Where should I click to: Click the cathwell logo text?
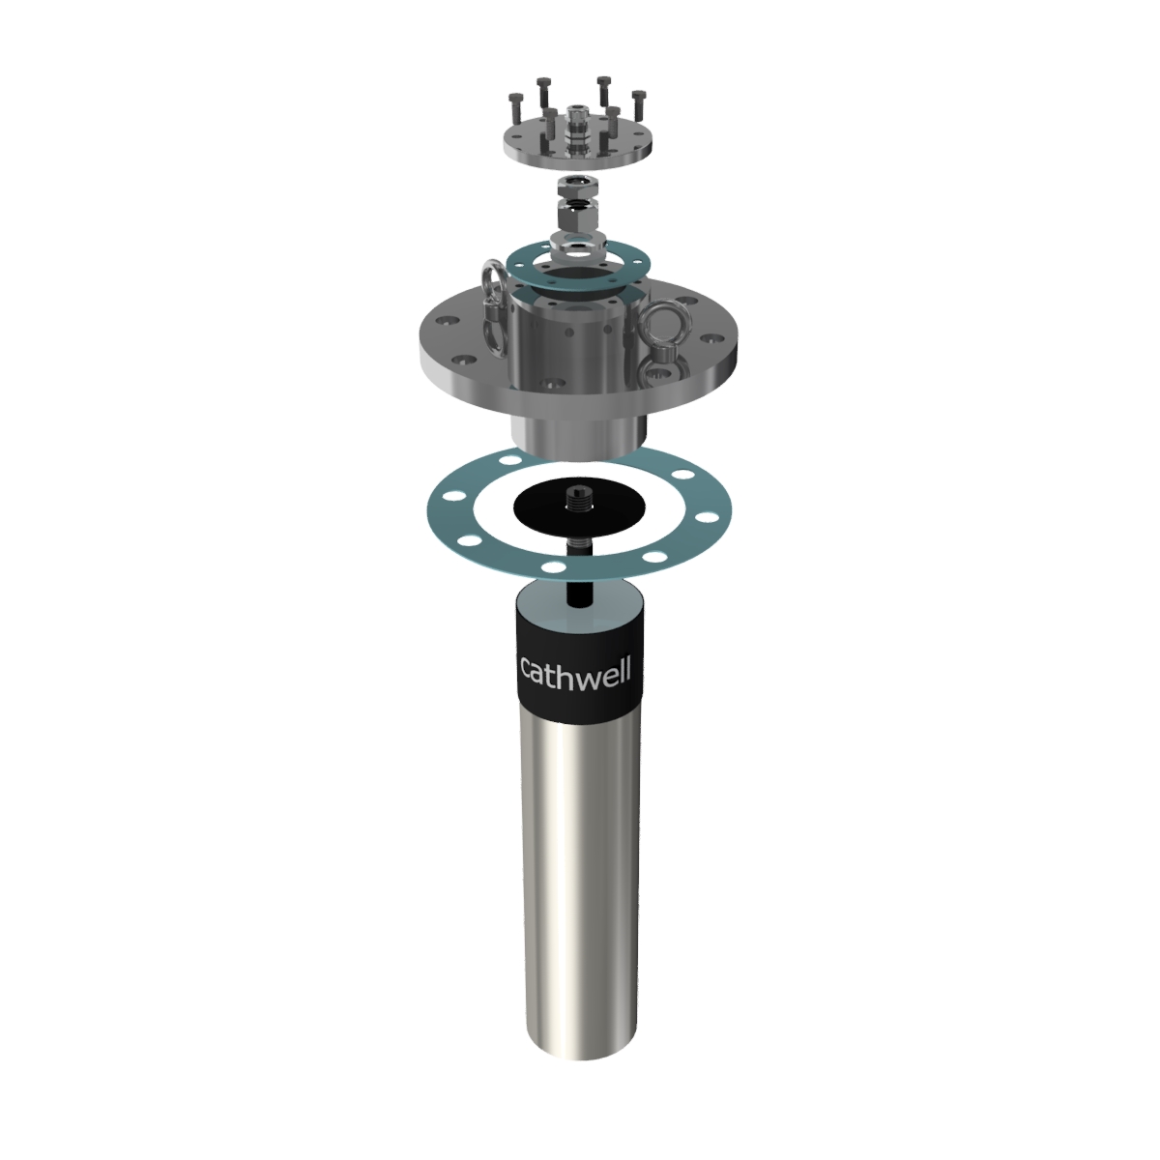(x=575, y=669)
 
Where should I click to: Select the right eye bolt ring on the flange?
(x=664, y=329)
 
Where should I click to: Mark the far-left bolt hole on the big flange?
(x=449, y=320)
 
